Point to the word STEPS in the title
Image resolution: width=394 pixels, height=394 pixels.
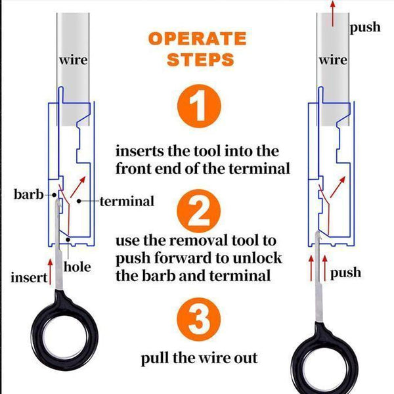200,60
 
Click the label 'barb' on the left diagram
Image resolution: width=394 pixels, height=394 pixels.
28,195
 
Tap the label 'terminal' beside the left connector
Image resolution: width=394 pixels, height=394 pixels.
127,201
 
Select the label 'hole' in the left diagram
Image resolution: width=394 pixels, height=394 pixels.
77,267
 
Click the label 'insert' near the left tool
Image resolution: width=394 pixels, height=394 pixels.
28,277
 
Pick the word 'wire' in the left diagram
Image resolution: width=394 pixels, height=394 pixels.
73,60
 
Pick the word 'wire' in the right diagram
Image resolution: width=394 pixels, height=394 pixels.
333,60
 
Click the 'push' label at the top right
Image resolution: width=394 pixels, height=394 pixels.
365,28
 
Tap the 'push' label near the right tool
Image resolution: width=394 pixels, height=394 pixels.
345,272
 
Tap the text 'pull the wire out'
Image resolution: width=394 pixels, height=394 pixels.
199,359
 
